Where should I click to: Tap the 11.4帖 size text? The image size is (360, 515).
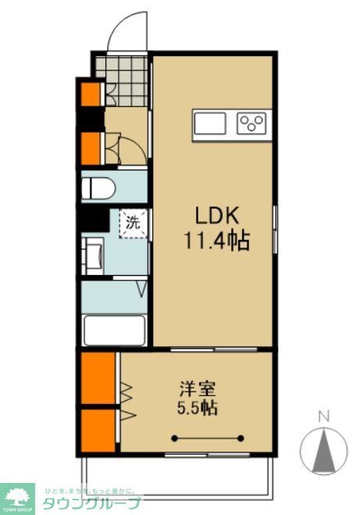216,241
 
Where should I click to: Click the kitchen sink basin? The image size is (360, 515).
210,124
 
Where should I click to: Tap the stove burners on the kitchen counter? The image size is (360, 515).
252,123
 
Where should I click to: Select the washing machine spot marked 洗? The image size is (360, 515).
133,222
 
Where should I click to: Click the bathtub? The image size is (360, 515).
115,328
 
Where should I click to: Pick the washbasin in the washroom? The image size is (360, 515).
91,255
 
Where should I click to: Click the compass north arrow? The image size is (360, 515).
324,452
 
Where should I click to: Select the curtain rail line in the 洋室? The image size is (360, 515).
209,438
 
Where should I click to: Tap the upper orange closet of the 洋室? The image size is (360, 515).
97,378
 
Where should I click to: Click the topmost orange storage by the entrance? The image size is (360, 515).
91,94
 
